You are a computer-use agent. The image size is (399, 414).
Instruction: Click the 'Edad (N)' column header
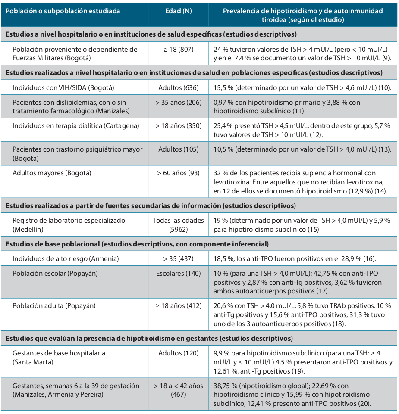click(x=178, y=11)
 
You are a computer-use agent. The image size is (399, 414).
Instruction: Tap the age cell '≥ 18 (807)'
click(x=178, y=49)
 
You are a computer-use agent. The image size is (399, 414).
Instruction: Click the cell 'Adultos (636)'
click(x=178, y=87)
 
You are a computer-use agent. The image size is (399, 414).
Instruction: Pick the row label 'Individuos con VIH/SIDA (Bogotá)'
click(x=63, y=87)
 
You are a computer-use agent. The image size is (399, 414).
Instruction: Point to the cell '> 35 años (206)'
click(x=178, y=103)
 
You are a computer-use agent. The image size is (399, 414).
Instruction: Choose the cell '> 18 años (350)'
click(x=178, y=126)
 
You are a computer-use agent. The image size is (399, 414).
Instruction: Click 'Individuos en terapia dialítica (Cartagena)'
click(x=75, y=126)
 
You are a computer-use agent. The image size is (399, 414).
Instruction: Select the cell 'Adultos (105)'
click(x=178, y=149)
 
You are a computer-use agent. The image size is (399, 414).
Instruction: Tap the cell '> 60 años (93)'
click(x=178, y=173)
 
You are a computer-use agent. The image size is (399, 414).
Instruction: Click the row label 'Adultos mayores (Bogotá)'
click(x=52, y=173)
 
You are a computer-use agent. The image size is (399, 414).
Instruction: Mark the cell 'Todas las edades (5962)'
click(x=178, y=224)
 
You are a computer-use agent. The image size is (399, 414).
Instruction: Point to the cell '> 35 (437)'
click(x=178, y=258)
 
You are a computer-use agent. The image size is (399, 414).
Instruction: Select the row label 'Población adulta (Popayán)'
click(x=54, y=305)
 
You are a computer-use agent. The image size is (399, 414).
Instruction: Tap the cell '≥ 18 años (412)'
click(x=178, y=305)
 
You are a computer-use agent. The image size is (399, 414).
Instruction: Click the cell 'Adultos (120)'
click(x=178, y=353)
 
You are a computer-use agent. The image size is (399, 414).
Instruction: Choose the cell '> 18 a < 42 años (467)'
click(x=178, y=390)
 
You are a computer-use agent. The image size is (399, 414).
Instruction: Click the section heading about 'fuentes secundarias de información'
click(x=151, y=205)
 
